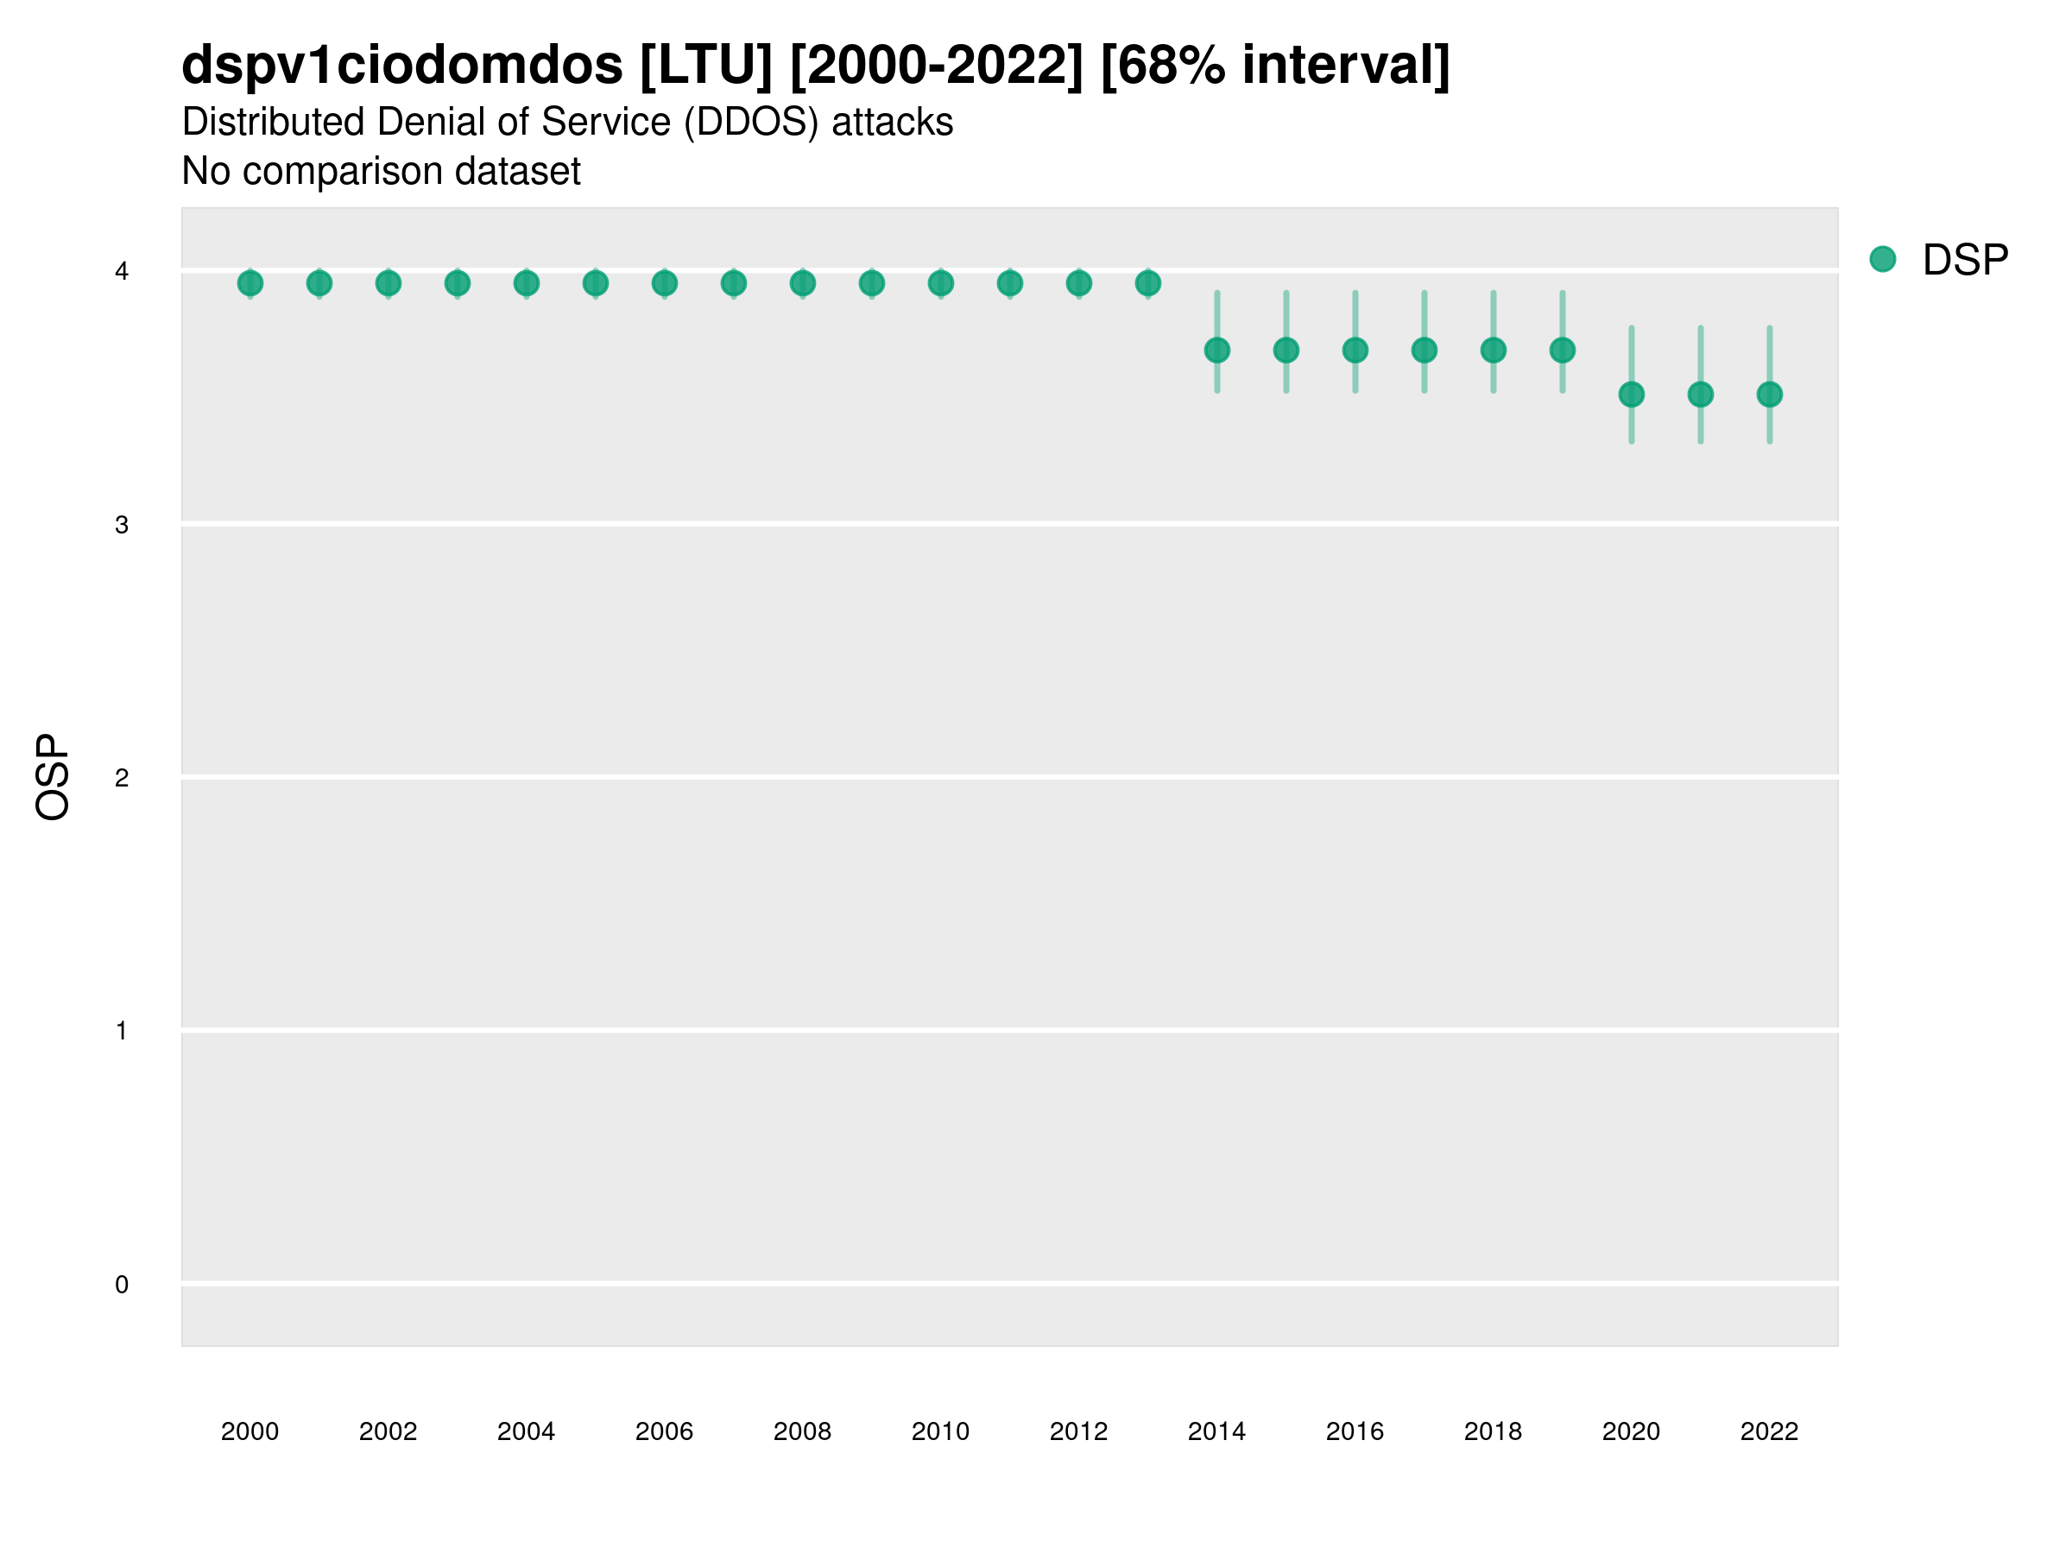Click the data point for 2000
tap(250, 283)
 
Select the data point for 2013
tap(1147, 283)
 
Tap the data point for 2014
tap(1216, 351)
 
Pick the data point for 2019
tap(1563, 351)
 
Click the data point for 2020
tap(1632, 395)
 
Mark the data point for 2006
tap(664, 283)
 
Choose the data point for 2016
tap(1355, 351)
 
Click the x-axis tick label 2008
tap(802, 1431)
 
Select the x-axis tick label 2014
tap(1216, 1431)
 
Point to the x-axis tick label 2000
tap(250, 1431)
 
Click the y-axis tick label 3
tap(122, 525)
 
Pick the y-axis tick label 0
tap(122, 1285)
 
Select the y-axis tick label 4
tap(122, 272)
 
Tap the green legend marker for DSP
tap(1883, 260)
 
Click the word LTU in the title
tap(706, 66)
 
